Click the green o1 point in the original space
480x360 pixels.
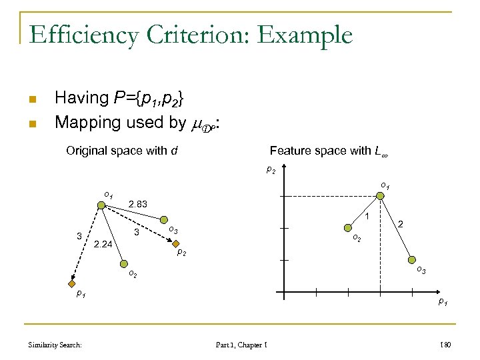(x=102, y=205)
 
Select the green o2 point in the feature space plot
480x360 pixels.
(x=349, y=229)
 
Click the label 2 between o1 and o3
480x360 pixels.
(x=401, y=227)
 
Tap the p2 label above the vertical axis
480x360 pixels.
(x=271, y=170)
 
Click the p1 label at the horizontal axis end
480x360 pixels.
(x=442, y=303)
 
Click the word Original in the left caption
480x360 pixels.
(x=91, y=151)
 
